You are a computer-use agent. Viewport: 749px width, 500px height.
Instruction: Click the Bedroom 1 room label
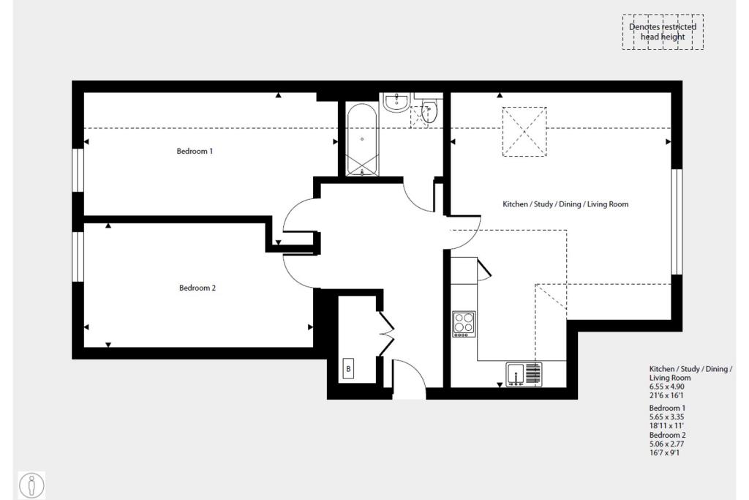tap(195, 152)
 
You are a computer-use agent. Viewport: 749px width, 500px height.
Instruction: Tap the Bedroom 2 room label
tap(197, 288)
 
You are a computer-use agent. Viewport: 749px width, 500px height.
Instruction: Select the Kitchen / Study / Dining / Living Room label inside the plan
tap(565, 204)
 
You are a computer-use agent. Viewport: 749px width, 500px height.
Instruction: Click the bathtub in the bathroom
tap(363, 141)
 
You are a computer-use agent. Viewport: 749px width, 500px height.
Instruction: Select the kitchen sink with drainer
tap(524, 374)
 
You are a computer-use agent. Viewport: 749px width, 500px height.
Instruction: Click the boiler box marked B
tap(349, 369)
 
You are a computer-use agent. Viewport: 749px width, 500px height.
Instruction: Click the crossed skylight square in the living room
tap(524, 132)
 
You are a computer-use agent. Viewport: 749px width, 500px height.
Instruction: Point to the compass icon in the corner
tap(31, 485)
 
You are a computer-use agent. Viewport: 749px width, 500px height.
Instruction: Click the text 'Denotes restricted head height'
tap(663, 31)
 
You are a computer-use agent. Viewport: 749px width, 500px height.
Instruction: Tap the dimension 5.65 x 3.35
tap(667, 416)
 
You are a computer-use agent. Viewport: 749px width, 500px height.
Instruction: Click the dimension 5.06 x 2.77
tap(667, 444)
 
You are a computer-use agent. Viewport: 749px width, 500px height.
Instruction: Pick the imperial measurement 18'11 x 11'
tap(667, 424)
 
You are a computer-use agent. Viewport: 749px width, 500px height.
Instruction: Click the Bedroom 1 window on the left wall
tap(78, 170)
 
